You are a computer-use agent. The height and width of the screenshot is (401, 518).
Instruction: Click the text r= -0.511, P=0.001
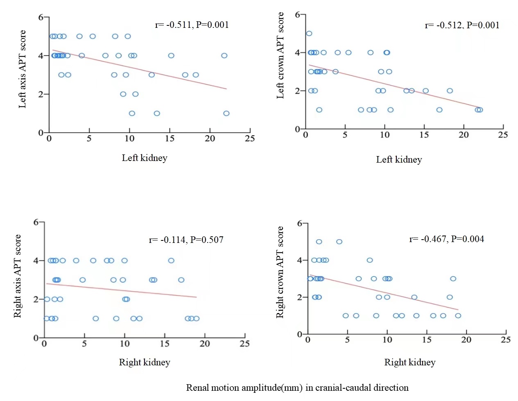tap(192, 25)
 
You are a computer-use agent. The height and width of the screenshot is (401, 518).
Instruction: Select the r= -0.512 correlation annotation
tap(462, 25)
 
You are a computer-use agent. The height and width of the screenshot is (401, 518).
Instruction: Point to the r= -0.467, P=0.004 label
tap(446, 239)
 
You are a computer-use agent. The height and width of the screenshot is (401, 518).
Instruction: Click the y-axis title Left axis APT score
tap(22, 69)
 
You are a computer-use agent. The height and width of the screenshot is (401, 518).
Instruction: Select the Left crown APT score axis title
tap(280, 55)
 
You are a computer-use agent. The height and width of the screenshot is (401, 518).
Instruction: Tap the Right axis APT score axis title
tap(17, 276)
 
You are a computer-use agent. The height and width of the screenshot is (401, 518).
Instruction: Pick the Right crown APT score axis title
tap(280, 272)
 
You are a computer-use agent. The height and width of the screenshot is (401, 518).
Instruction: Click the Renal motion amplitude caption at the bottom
tap(297, 387)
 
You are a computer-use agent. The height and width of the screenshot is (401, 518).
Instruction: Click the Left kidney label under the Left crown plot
tap(399, 159)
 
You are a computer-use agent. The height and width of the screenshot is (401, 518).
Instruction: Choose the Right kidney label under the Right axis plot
tap(144, 362)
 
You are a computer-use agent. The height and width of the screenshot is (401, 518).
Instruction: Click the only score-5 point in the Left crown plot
tap(309, 34)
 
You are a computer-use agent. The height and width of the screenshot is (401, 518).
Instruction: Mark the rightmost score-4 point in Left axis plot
tap(224, 55)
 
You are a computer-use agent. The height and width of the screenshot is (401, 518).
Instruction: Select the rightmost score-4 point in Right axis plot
tap(171, 261)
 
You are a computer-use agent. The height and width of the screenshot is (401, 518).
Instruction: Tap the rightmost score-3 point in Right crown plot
tap(453, 279)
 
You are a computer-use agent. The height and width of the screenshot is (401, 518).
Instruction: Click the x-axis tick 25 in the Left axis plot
tap(250, 138)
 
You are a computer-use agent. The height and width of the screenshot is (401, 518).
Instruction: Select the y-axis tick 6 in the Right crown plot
tap(300, 223)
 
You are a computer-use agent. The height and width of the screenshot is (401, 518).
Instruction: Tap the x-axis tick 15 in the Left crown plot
tap(424, 135)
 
